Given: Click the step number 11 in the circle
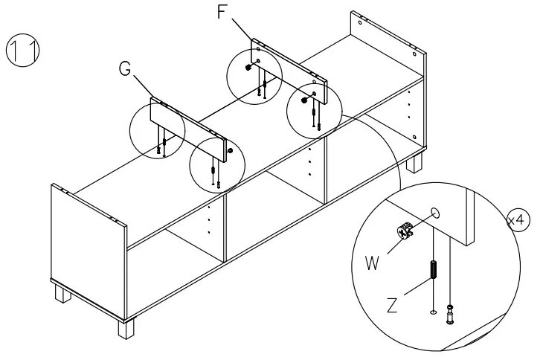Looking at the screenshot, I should pyautogui.click(x=22, y=50).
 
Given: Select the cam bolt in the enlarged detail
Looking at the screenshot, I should pyautogui.click(x=449, y=315).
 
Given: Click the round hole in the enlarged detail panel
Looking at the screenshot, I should pyautogui.click(x=436, y=214).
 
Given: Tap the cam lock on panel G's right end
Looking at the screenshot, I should pyautogui.click(x=229, y=151).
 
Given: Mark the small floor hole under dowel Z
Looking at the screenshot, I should pyautogui.click(x=431, y=312).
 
